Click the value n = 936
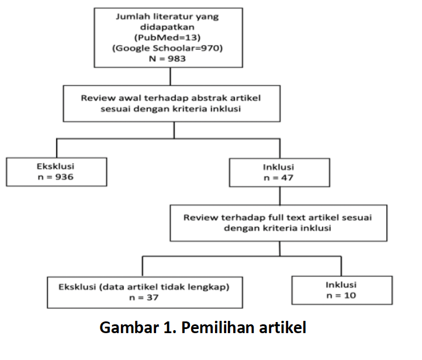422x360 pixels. (x=56, y=176)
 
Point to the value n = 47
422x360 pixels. (x=278, y=178)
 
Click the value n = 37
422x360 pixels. (x=144, y=297)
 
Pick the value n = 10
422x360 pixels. (x=341, y=296)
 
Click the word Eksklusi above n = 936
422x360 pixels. (x=56, y=166)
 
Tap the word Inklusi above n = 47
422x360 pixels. (x=278, y=167)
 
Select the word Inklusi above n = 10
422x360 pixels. (x=341, y=285)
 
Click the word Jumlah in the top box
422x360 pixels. (x=131, y=16)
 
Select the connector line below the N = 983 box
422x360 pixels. (x=170, y=77)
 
